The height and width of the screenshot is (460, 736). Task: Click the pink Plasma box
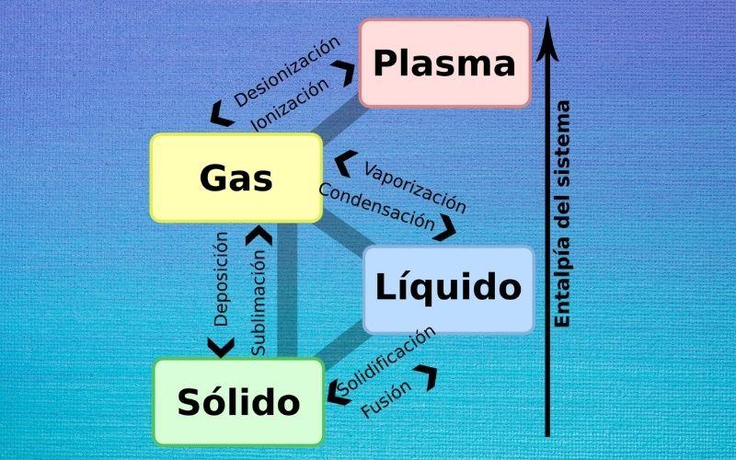pyautogui.click(x=444, y=63)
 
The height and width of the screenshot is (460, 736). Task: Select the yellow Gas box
pyautogui.click(x=236, y=178)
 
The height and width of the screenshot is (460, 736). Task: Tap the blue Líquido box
pyautogui.click(x=448, y=289)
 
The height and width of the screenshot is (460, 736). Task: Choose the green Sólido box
pyautogui.click(x=238, y=402)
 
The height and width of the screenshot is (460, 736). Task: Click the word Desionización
pyautogui.click(x=286, y=72)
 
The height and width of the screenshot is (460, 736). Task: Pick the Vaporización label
pyautogui.click(x=415, y=187)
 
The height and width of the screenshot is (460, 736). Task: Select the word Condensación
pyautogui.click(x=376, y=206)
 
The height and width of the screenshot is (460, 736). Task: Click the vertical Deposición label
pyautogui.click(x=221, y=280)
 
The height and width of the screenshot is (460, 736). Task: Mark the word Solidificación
pyautogui.click(x=386, y=361)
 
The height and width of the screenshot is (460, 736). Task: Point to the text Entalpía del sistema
pyautogui.click(x=563, y=213)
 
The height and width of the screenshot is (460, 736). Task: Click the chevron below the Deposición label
pyautogui.click(x=221, y=347)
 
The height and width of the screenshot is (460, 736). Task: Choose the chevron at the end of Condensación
pyautogui.click(x=446, y=227)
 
